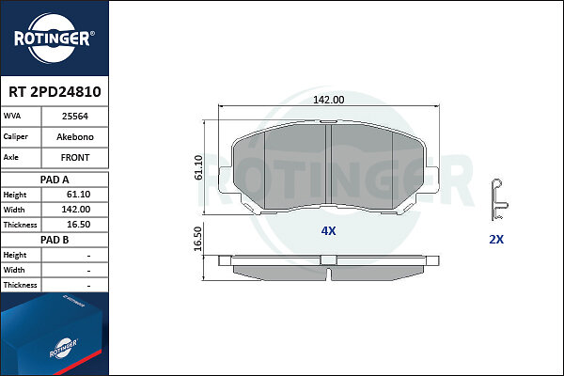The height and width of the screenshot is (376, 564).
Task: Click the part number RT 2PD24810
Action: pos(55,92)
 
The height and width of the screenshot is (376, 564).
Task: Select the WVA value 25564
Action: pos(75,117)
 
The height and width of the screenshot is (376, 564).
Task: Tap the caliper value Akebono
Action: pos(75,136)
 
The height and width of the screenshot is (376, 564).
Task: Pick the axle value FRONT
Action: pos(75,158)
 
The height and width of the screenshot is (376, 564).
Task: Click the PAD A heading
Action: pos(55,180)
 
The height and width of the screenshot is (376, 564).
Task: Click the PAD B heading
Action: pos(55,240)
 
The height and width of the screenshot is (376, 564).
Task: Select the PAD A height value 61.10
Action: pos(78,195)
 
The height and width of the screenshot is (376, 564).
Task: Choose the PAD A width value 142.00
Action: pos(76,210)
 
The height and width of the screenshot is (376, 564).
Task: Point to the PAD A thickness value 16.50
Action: pos(78,225)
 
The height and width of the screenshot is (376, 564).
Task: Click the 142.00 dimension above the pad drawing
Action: pos(328,100)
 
